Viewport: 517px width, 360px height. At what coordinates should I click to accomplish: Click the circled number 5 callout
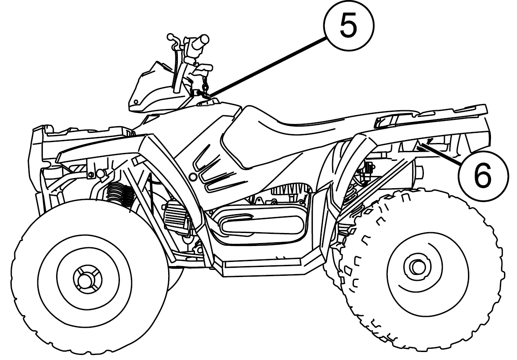coord(348,26)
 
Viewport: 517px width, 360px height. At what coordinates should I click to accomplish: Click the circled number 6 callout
coord(483,176)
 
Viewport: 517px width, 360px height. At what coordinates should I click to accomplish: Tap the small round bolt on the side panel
coord(193,177)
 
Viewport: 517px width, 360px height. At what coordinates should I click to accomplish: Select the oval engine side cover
coord(262,225)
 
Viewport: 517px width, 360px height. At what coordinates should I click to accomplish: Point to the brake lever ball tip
coord(170,36)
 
